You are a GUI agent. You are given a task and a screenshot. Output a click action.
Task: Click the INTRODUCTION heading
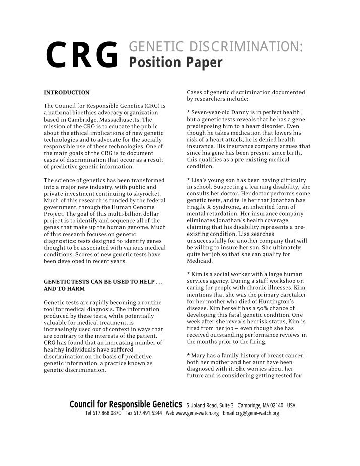(67, 93)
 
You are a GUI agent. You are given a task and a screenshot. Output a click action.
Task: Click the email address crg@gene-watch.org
(257, 413)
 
